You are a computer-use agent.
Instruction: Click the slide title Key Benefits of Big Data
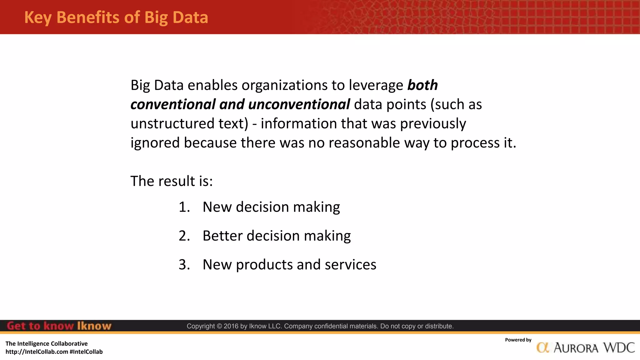116,17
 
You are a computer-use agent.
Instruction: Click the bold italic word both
422,85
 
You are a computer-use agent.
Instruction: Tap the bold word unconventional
299,104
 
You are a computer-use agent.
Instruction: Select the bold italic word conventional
173,104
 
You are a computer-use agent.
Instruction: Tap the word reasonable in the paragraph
364,143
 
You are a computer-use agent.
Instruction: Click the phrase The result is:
172,181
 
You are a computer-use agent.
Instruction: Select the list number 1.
184,207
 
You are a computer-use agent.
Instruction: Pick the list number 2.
184,236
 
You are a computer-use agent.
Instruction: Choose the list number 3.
184,265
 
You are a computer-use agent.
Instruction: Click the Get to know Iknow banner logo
59,326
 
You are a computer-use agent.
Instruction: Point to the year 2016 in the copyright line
231,326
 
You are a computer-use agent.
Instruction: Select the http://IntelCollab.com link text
37,352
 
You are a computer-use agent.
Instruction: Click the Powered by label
518,340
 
